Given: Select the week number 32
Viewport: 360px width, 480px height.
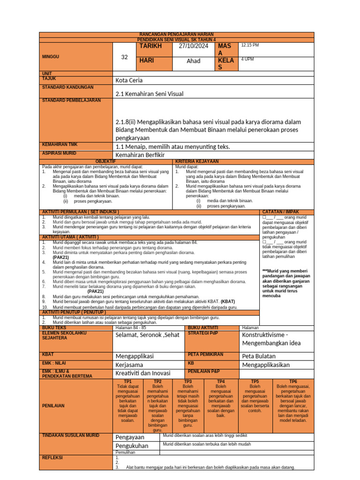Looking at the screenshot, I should pyautogui.click(x=124, y=57).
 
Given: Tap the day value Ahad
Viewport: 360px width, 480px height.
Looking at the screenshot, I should pyautogui.click(x=193, y=61).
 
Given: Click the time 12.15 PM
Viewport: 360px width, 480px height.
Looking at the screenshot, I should pyautogui.click(x=250, y=45).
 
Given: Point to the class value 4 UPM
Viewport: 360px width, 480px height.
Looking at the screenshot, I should pyautogui.click(x=248, y=60).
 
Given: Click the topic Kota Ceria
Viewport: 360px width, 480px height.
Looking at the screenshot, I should pyautogui.click(x=129, y=80).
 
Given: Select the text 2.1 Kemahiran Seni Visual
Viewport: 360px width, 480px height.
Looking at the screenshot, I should pyautogui.click(x=149, y=94).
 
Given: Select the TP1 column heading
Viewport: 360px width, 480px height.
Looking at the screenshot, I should pyautogui.click(x=127, y=382).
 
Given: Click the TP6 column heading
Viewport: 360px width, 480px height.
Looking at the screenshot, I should pyautogui.click(x=293, y=382).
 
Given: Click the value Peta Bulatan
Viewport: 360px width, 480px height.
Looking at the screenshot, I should pyautogui.click(x=260, y=356).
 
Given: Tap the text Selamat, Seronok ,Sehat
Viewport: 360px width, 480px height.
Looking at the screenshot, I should pyautogui.click(x=147, y=335).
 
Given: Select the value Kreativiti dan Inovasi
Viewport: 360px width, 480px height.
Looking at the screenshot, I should pyautogui.click(x=143, y=373).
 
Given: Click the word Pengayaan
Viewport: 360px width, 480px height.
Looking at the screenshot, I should pyautogui.click(x=130, y=437).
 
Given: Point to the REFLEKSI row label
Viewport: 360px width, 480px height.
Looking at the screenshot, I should pyautogui.click(x=52, y=457).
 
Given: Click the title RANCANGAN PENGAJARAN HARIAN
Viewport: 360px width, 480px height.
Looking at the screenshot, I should pyautogui.click(x=177, y=35).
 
